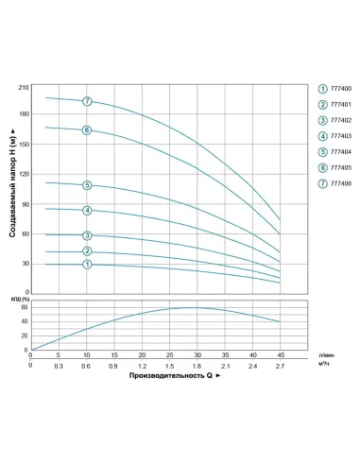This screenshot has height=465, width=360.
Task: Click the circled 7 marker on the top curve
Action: pos(87,101)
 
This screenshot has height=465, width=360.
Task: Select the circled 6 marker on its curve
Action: pos(87,130)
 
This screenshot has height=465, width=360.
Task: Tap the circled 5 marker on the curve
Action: pos(87,185)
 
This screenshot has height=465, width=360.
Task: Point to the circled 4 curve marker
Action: pos(87,210)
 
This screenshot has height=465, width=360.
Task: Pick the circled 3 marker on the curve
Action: pos(87,235)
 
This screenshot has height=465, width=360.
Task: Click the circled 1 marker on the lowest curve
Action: pos(87,265)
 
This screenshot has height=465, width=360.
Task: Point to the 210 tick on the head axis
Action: pos(25,88)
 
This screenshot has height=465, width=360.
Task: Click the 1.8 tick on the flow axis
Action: pos(197,365)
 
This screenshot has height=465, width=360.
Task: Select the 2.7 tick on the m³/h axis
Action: pos(281,365)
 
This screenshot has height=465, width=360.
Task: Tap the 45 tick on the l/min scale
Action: pos(281,355)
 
